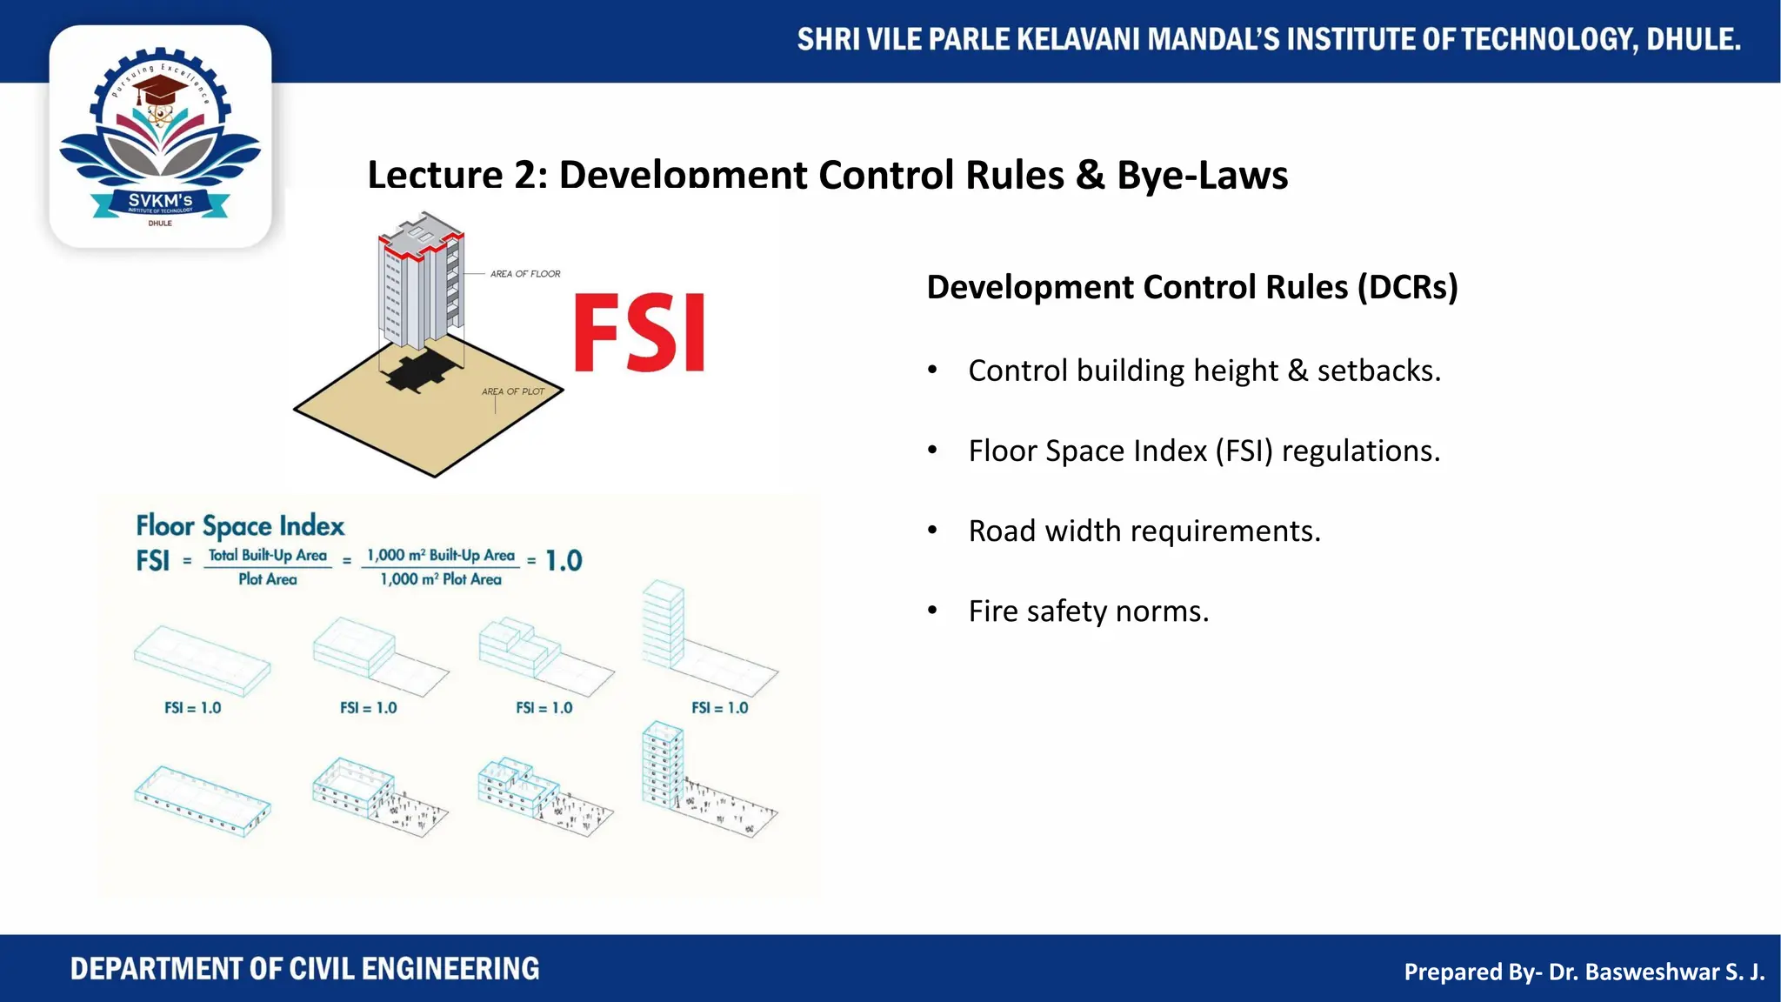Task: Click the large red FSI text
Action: coord(639,333)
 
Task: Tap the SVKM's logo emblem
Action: coord(160,137)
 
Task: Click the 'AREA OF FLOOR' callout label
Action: coord(524,274)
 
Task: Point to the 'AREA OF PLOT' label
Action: coord(513,391)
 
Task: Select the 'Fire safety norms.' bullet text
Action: coord(1088,611)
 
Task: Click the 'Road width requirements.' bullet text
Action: coord(1144,531)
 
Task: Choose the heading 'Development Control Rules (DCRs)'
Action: coord(1191,287)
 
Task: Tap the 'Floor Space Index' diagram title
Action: coord(240,526)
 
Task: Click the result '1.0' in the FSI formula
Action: coord(564,561)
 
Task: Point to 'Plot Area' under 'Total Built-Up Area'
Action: coord(268,579)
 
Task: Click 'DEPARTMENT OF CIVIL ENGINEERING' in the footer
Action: coord(304,969)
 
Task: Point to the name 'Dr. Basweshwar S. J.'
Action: coord(1656,972)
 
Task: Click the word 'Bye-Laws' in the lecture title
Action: coord(1202,175)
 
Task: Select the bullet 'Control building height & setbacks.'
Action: coord(1204,371)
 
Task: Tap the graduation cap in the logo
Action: coord(160,89)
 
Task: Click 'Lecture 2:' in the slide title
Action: coord(457,175)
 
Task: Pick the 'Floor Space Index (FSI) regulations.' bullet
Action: coord(1204,451)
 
